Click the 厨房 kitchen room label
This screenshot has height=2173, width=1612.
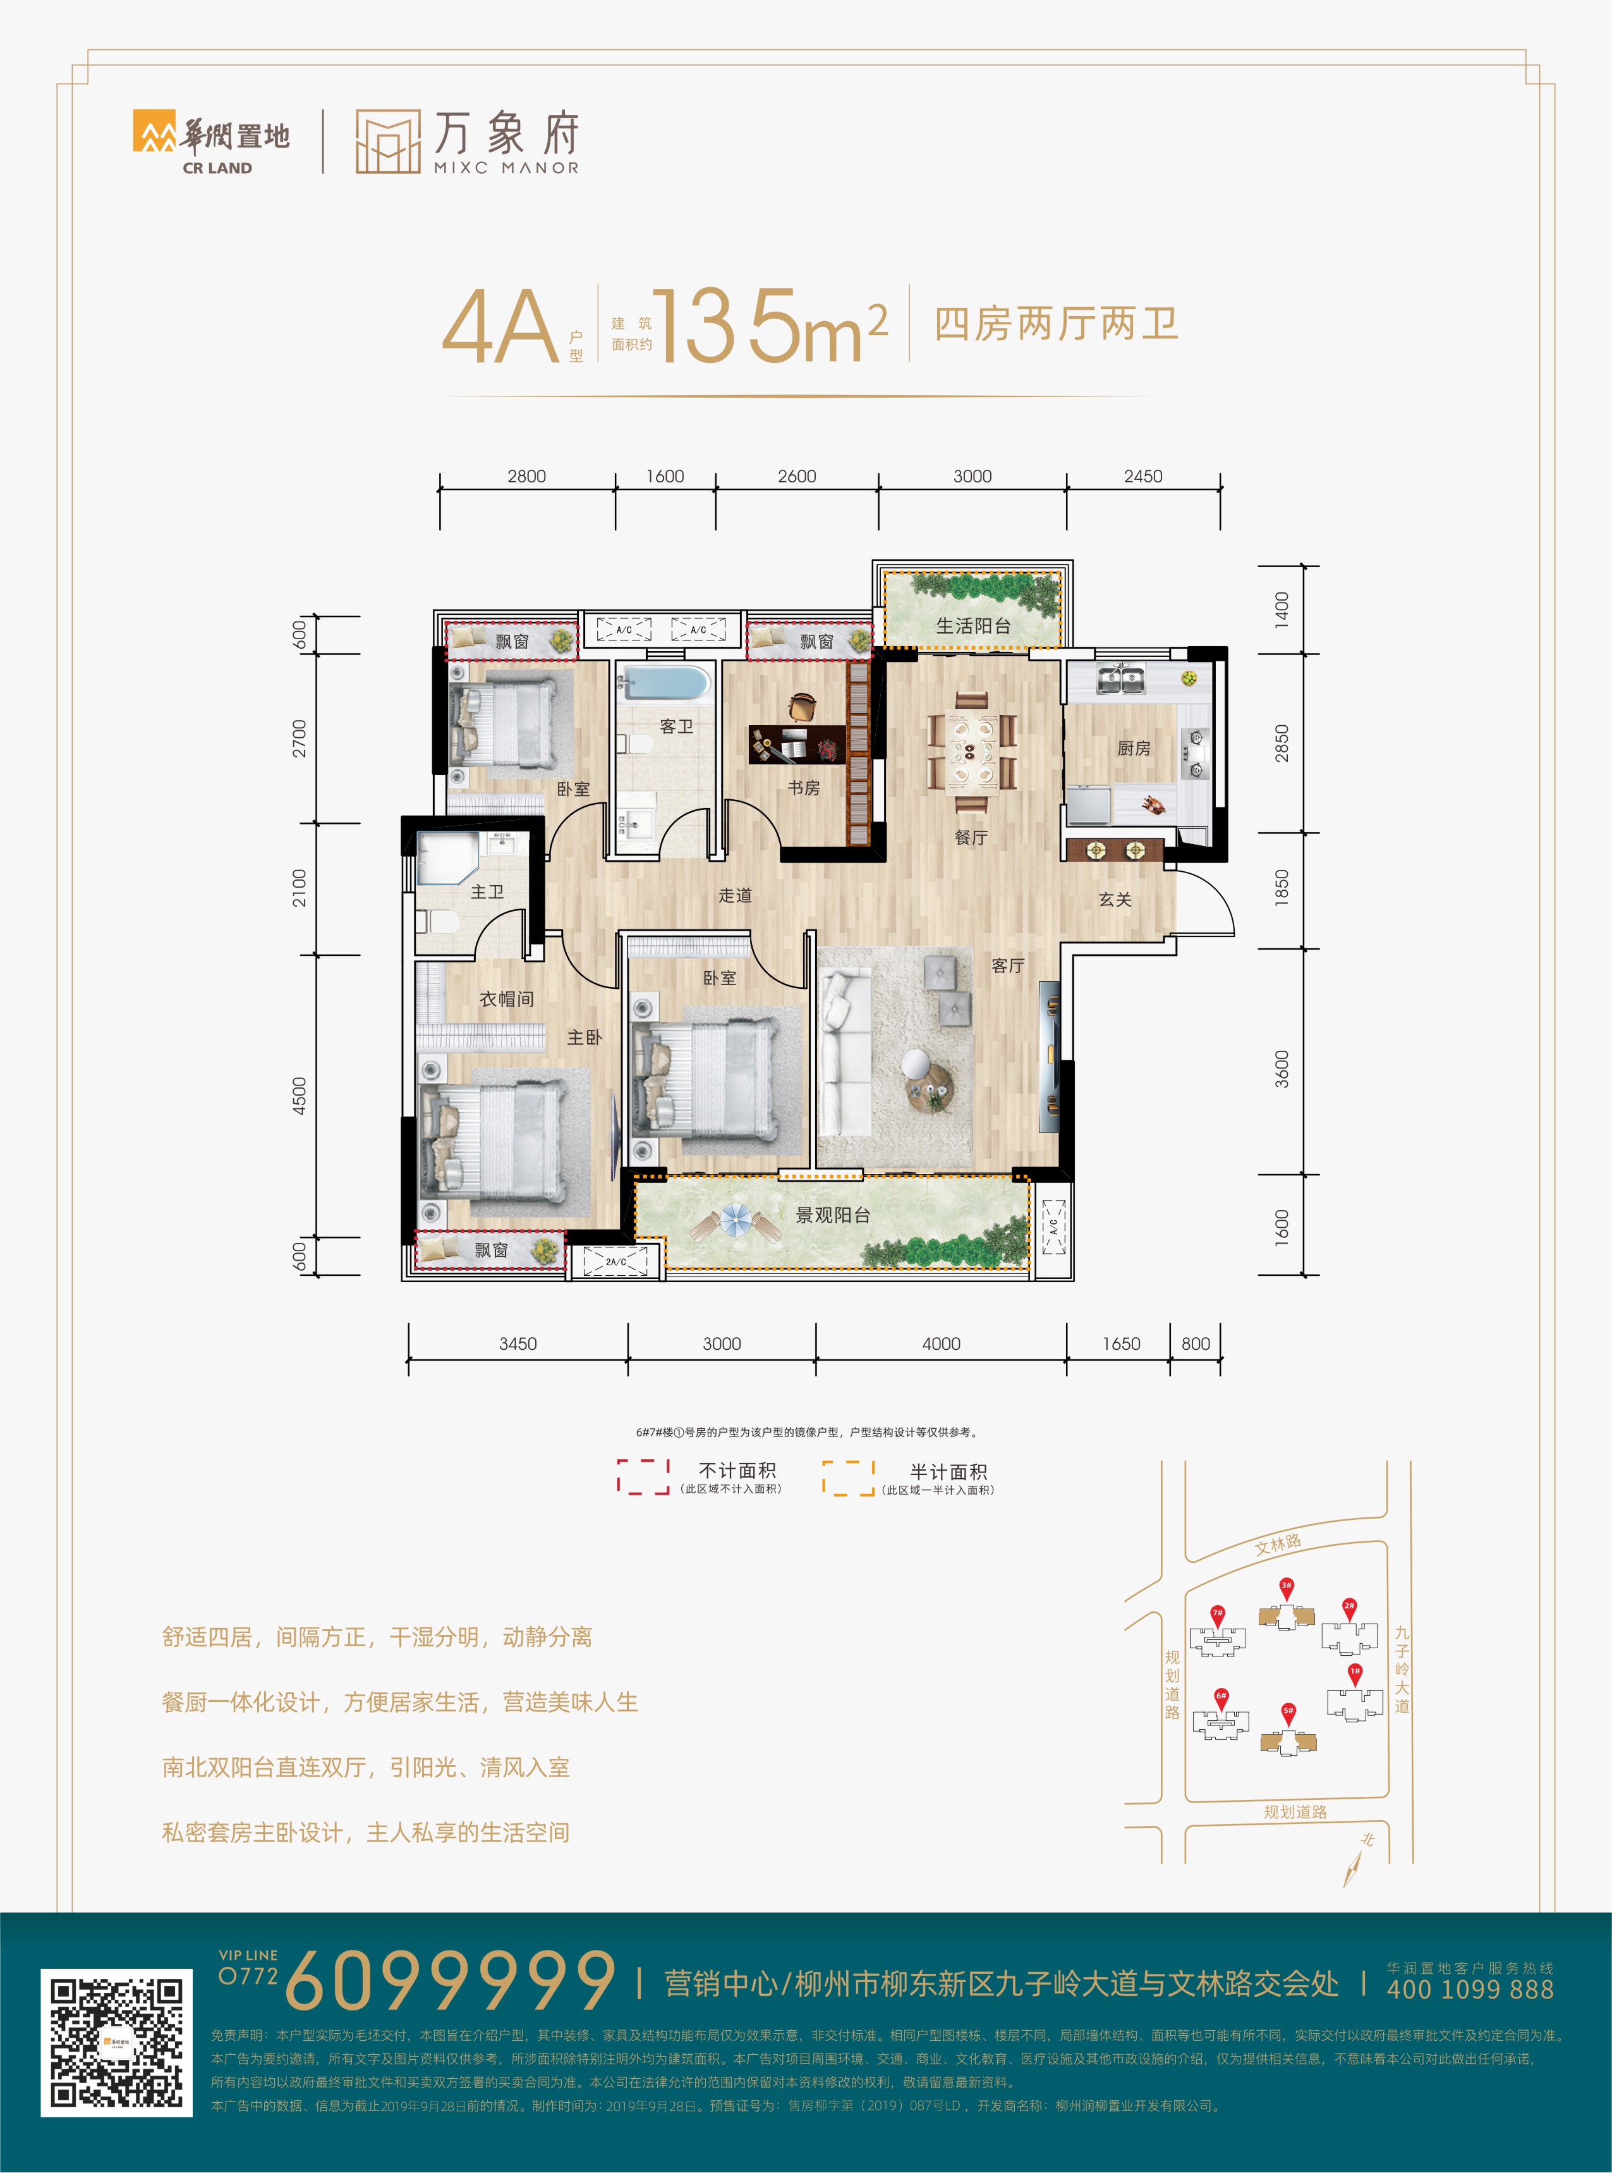1133,749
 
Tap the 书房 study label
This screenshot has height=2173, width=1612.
804,788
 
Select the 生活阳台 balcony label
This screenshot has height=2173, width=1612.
973,626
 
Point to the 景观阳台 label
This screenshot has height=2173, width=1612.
832,1215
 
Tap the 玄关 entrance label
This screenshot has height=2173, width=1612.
1115,899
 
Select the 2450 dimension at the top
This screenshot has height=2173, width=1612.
1142,476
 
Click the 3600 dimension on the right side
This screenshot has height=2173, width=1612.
1282,1069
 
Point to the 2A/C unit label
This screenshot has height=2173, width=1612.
615,1262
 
